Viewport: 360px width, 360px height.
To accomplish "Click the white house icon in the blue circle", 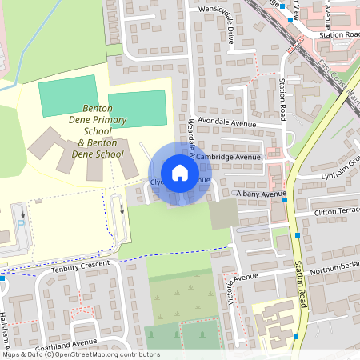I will [180, 172].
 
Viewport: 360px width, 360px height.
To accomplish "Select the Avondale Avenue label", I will [227, 123].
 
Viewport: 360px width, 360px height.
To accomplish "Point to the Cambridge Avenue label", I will [229, 158].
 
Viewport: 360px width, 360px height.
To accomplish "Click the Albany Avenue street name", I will [261, 194].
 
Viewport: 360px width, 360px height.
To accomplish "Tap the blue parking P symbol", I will [20, 226].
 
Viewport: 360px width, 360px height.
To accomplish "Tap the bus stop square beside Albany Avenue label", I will [286, 200].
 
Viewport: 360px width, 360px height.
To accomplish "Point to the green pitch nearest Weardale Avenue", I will [137, 109].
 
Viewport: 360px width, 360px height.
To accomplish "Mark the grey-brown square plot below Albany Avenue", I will [224, 213].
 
